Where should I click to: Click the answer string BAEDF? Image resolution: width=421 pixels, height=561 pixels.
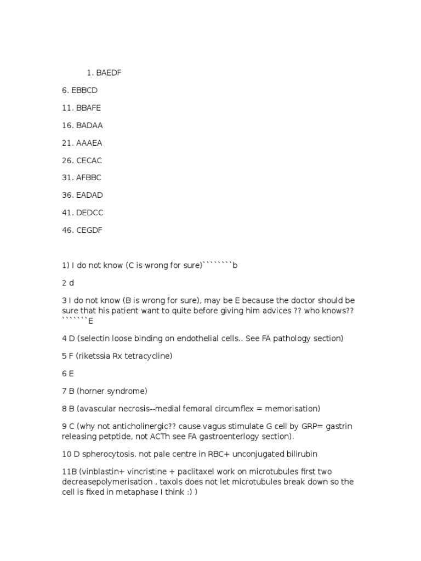tap(109, 73)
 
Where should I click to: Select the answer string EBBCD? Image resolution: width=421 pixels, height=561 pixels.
tap(84, 90)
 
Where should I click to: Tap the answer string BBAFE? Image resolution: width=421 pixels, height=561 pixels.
tap(89, 108)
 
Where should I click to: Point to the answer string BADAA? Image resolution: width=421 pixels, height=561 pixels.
tap(89, 125)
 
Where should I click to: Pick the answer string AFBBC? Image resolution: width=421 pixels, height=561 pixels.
tap(89, 178)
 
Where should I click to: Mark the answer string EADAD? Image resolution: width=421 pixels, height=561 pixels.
tap(89, 195)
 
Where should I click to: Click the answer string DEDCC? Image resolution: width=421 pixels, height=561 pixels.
tap(90, 213)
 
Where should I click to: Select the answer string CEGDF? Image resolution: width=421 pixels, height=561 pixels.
tap(89, 230)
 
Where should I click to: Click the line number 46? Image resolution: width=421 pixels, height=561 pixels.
tap(67, 230)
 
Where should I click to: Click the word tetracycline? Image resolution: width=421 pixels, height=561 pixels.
tap(149, 356)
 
